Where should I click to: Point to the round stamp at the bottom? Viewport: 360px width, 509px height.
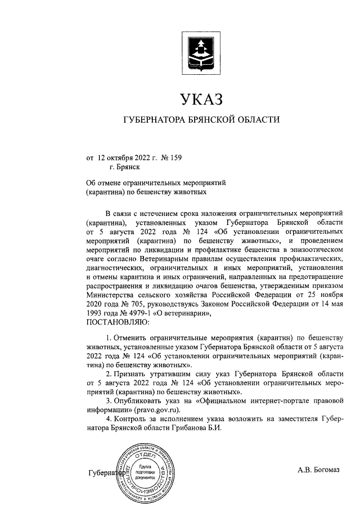(145, 471)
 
